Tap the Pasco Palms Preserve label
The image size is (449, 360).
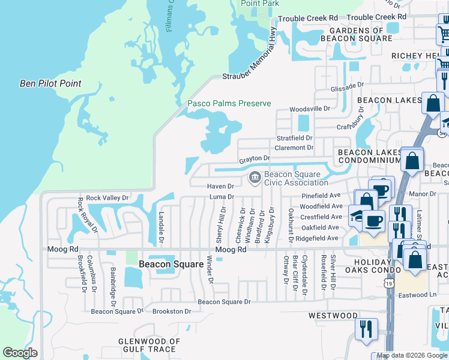click(x=229, y=103)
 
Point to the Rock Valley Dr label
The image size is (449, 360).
click(x=107, y=197)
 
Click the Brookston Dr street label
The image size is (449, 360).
click(x=172, y=311)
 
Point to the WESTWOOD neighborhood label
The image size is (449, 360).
click(x=333, y=315)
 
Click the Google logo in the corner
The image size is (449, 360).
click(x=20, y=353)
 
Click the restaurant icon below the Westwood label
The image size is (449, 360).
click(x=364, y=329)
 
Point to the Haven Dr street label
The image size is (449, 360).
click(x=220, y=186)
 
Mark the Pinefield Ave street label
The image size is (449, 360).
click(x=321, y=196)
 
